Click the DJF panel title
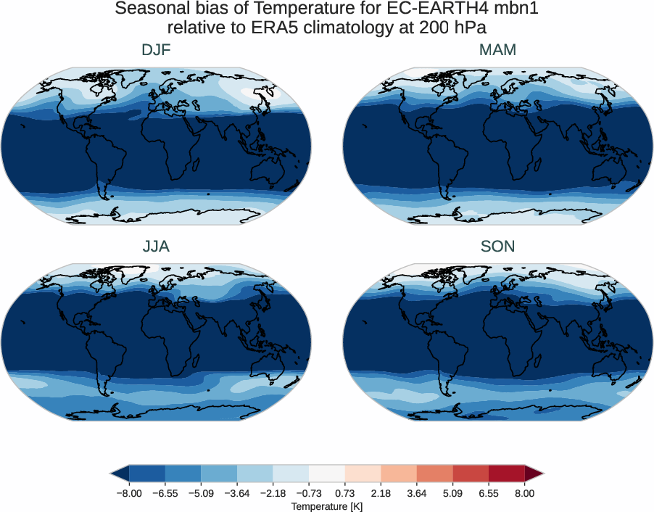coord(157,50)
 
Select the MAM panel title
coord(497,50)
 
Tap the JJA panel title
coord(157,247)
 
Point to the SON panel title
coord(497,247)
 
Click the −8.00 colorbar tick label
coord(128,493)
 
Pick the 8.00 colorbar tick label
coord(524,493)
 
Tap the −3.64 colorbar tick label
coord(236,493)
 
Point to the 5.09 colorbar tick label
coord(452,493)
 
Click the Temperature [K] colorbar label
coord(326,506)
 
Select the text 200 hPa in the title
coord(452,28)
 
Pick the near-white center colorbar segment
coord(326,474)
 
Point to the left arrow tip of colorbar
coord(112,474)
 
